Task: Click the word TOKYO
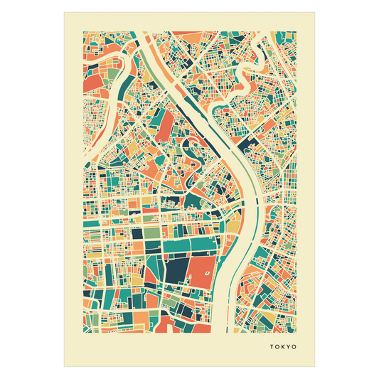pyautogui.click(x=282, y=348)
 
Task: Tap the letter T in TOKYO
pyautogui.click(x=272, y=348)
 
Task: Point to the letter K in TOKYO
pyautogui.click(x=282, y=348)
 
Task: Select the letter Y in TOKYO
pyautogui.click(x=288, y=348)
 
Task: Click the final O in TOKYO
pyautogui.click(x=294, y=348)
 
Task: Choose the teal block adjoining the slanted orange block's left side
pyautogui.click(x=150, y=132)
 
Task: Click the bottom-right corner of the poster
pyautogui.click(x=316, y=368)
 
